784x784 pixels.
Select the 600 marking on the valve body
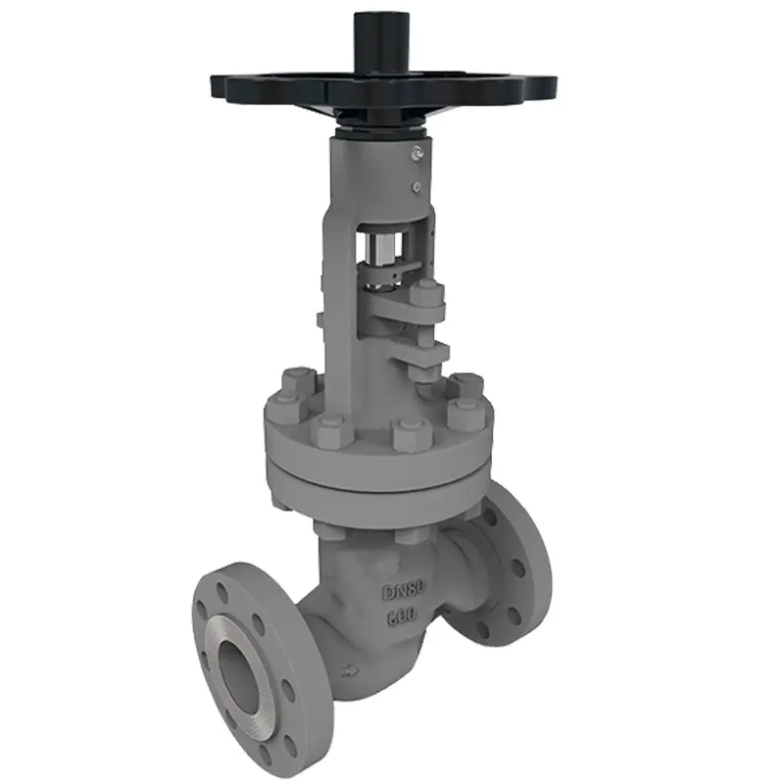tap(401, 615)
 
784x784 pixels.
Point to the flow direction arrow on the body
tap(351, 670)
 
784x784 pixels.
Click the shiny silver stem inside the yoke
tap(384, 249)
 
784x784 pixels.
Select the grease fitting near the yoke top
tap(415, 153)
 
